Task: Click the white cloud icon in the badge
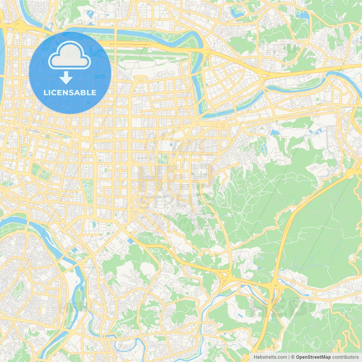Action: coord(70,56)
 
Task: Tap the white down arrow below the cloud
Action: coord(66,78)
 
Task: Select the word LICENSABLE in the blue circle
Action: coord(70,92)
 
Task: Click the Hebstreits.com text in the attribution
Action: coord(270,357)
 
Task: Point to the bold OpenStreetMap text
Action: coord(313,357)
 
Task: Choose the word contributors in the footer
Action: coord(345,357)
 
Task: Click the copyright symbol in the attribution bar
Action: coord(293,357)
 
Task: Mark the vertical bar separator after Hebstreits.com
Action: coord(289,357)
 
